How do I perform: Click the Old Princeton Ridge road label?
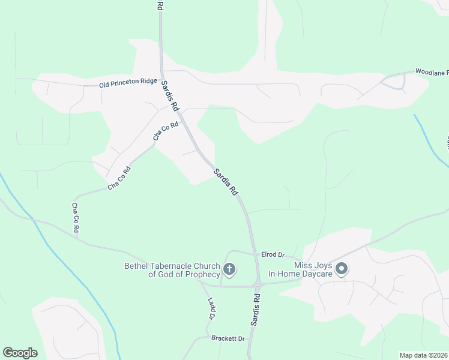click(x=128, y=83)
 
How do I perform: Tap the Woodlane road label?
click(x=432, y=72)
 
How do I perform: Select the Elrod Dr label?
click(x=272, y=254)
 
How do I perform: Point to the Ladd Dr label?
click(x=211, y=308)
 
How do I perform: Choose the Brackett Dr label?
click(x=228, y=338)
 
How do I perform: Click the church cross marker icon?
click(x=229, y=269)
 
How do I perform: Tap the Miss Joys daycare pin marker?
click(x=342, y=269)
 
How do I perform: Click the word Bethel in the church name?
click(x=139, y=266)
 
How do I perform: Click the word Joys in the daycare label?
click(x=318, y=265)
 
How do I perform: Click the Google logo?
click(x=20, y=353)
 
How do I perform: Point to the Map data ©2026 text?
click(x=423, y=355)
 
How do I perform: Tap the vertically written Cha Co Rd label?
click(x=76, y=218)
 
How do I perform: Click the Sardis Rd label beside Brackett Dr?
click(x=256, y=310)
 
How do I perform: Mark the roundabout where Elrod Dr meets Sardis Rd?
click(x=259, y=283)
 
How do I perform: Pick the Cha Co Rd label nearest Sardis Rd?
click(x=166, y=131)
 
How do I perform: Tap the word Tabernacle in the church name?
click(x=178, y=266)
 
